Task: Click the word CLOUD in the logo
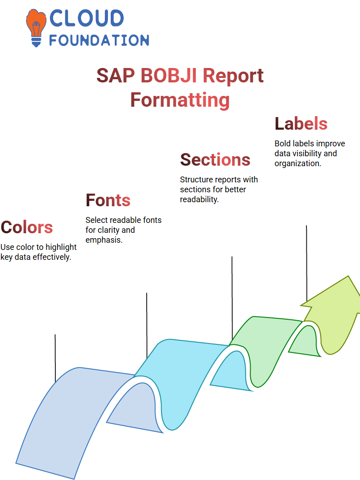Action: point(86,18)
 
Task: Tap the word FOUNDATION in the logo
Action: point(99,41)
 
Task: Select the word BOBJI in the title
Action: point(169,75)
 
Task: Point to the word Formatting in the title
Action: point(180,100)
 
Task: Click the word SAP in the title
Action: point(116,75)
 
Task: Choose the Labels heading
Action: point(301,123)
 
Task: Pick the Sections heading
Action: point(215,159)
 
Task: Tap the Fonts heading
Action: point(108,200)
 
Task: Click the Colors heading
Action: point(27,227)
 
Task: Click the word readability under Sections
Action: point(199,199)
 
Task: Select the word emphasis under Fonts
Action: point(104,240)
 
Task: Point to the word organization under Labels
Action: point(297,163)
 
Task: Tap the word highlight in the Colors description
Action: point(61,247)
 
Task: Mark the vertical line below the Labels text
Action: point(306,263)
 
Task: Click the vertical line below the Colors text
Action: point(55,358)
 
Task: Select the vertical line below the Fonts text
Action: point(147,326)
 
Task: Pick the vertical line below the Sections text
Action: point(232,298)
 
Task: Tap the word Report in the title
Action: point(233,75)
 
